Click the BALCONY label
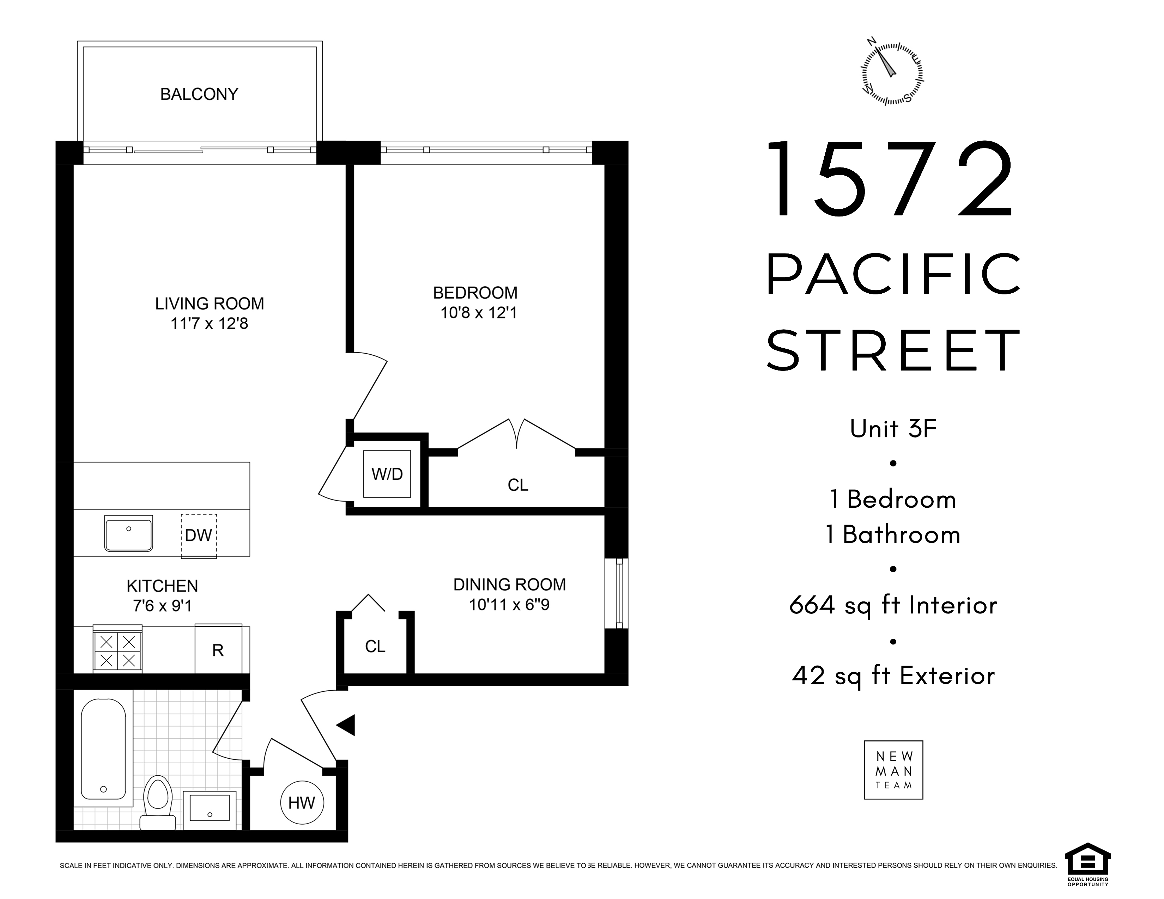tap(199, 94)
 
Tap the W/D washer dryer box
tap(387, 474)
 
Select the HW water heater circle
tap(302, 803)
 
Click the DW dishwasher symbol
tap(199, 536)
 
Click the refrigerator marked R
tap(218, 649)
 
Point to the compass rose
tap(892, 73)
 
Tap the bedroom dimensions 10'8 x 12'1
tap(479, 313)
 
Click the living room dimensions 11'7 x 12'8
tap(210, 323)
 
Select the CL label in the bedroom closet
tap(518, 485)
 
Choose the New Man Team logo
tap(893, 770)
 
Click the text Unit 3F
tap(893, 429)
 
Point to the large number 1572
tap(889, 179)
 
